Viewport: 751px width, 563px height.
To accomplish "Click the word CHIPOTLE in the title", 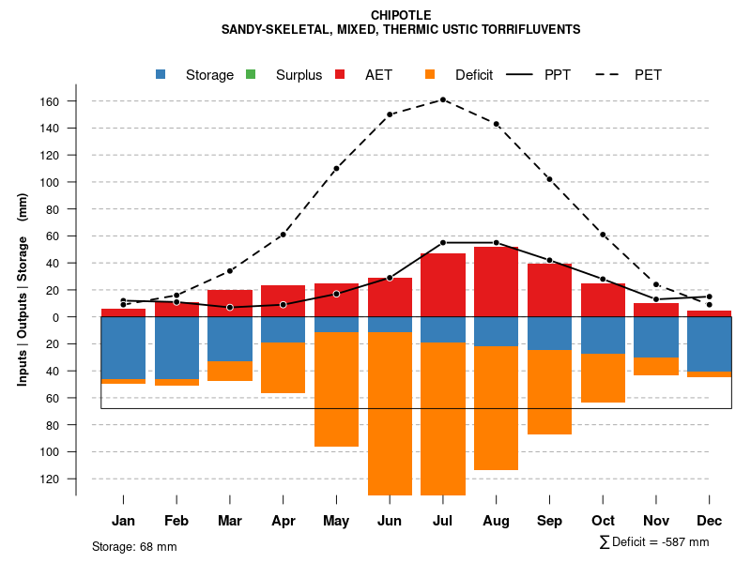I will pos(401,15).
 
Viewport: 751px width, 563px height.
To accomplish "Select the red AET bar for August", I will pos(496,281).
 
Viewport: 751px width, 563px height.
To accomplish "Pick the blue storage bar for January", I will pos(123,347).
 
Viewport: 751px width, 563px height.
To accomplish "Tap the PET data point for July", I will pos(442,99).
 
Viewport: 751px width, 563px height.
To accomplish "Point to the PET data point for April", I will pos(283,235).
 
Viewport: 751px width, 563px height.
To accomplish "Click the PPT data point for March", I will pos(230,307).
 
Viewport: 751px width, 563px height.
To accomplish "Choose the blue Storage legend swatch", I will pos(161,75).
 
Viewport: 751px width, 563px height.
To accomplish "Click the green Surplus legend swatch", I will pos(251,75).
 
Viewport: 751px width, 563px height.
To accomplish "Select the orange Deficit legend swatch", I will pos(430,75).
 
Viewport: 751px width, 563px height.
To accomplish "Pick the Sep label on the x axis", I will pos(549,521).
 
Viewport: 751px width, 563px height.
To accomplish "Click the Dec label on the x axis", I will pos(709,521).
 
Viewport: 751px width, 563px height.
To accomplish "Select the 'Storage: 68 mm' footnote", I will pos(134,546).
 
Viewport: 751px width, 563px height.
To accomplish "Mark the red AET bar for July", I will pos(442,285).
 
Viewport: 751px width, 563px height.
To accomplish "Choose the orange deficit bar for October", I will pos(603,377).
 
